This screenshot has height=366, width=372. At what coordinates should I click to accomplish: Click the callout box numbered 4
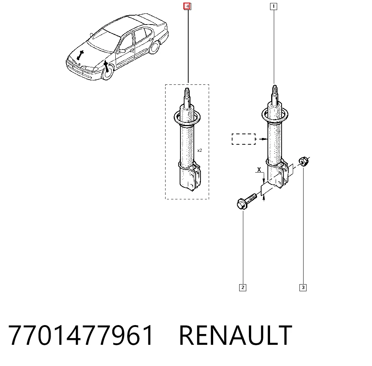(x=187, y=6)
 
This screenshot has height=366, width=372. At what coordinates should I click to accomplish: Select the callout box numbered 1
(x=273, y=6)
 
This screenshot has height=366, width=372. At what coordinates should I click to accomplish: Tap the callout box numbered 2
(x=243, y=288)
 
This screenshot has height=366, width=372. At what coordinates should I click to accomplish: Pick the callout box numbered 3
(x=303, y=288)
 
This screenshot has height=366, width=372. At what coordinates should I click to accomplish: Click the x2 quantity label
(x=199, y=150)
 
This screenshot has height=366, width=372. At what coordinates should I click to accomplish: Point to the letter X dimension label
(x=259, y=170)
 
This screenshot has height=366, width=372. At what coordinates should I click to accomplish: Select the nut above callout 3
(x=304, y=161)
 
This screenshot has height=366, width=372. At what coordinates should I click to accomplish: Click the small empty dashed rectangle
(x=244, y=139)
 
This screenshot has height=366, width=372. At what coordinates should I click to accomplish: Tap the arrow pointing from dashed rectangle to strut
(x=263, y=139)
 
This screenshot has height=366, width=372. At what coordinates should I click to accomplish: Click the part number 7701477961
(x=81, y=335)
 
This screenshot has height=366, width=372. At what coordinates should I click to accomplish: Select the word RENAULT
(x=235, y=335)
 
